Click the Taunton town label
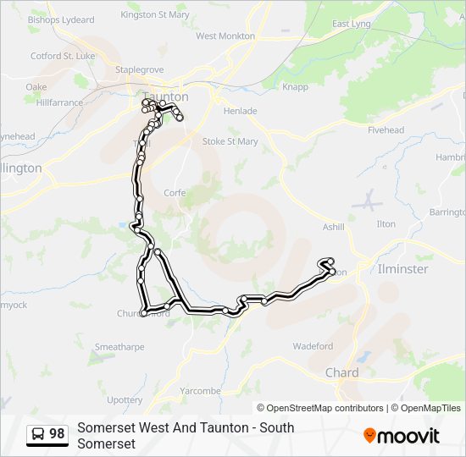tap(165, 96)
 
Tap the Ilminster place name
tap(402, 269)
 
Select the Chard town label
tap(341, 372)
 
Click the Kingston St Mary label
tap(154, 14)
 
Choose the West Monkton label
tap(225, 36)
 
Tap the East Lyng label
tap(351, 24)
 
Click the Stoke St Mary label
tap(230, 141)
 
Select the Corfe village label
tap(175, 193)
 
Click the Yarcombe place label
tap(200, 391)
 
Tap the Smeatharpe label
tap(119, 347)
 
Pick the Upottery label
tap(125, 399)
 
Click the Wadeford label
tap(313, 346)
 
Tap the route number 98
tap(57, 434)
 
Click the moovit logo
tap(402, 436)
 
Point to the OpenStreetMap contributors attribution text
tap(320, 408)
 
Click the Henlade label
tap(240, 111)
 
